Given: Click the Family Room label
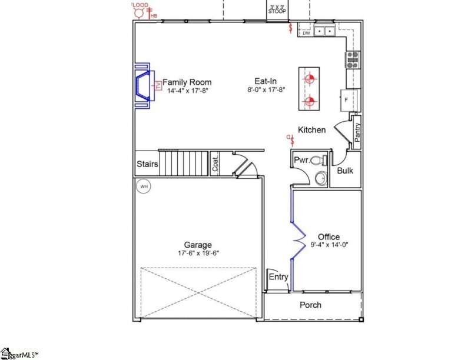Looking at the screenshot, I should pyautogui.click(x=187, y=82).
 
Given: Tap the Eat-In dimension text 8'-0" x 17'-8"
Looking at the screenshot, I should pyautogui.click(x=266, y=91).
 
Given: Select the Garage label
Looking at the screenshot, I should pyautogui.click(x=197, y=245).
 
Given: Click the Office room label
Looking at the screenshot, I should pyautogui.click(x=329, y=236).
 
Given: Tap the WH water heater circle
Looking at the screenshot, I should pyautogui.click(x=143, y=187).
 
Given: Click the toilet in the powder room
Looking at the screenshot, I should pyautogui.click(x=318, y=160).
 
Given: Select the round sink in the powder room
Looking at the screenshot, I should pyautogui.click(x=321, y=178).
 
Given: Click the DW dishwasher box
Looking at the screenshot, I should pyautogui.click(x=306, y=34).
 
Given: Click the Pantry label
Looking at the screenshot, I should pyautogui.click(x=357, y=128).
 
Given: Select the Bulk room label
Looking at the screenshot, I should pyautogui.click(x=345, y=171).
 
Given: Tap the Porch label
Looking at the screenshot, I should pyautogui.click(x=310, y=305).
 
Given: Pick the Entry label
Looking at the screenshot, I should pyautogui.click(x=278, y=277).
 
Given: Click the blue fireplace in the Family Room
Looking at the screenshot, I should pyautogui.click(x=144, y=86).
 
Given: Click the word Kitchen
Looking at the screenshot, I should pyautogui.click(x=311, y=130).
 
